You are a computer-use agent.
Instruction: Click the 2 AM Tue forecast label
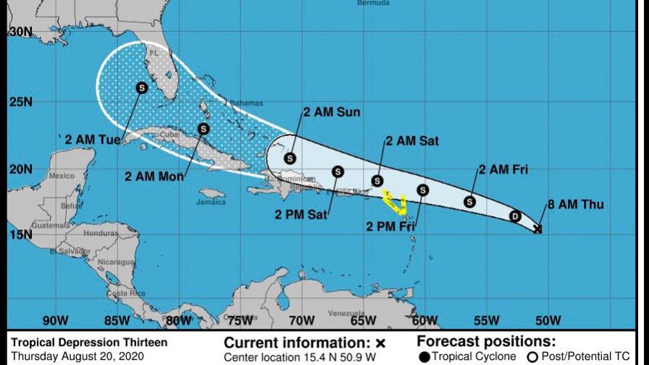[92, 139]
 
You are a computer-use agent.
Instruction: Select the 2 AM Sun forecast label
[332, 112]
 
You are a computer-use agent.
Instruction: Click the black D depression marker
[515, 216]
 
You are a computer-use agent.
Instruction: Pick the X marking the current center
[537, 230]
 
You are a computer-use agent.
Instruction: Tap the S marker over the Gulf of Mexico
[141, 88]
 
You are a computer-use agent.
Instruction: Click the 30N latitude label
[20, 33]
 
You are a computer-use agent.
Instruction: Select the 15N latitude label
[20, 235]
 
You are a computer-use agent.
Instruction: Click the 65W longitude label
[363, 321]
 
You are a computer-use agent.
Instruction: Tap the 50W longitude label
[548, 321]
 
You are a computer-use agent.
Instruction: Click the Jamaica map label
[211, 202]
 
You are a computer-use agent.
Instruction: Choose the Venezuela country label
[344, 313]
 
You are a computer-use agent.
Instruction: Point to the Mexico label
[62, 176]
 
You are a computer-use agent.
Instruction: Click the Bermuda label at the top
[373, 4]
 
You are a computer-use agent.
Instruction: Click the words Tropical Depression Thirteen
[89, 343]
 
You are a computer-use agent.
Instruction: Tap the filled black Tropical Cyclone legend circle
[424, 356]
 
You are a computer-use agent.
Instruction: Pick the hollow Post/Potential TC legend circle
[532, 356]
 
